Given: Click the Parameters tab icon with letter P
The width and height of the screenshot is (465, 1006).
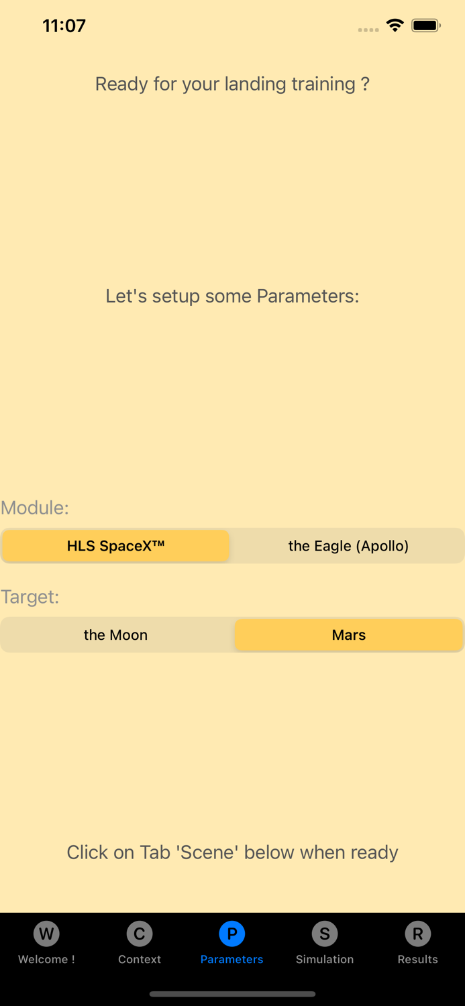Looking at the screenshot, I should [232, 934].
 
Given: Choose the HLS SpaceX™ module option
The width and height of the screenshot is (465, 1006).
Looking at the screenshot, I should [116, 546].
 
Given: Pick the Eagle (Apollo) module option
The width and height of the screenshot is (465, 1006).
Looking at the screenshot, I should [348, 546].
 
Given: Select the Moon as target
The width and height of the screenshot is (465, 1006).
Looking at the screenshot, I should [115, 635].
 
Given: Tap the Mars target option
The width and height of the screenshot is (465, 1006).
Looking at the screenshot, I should [349, 635].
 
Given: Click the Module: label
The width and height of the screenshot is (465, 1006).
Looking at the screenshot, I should [35, 508].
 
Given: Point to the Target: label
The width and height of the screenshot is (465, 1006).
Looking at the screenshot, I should [30, 597].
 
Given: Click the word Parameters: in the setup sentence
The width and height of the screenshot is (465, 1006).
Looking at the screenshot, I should [308, 296].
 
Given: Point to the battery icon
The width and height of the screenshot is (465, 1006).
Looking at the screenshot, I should [426, 26].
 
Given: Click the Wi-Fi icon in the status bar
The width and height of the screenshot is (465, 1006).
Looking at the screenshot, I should [395, 25].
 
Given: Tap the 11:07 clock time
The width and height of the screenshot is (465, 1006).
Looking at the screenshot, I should [64, 26].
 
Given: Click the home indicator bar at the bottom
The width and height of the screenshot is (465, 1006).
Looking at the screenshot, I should [232, 994].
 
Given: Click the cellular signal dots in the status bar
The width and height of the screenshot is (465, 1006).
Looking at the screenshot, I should [368, 30].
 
